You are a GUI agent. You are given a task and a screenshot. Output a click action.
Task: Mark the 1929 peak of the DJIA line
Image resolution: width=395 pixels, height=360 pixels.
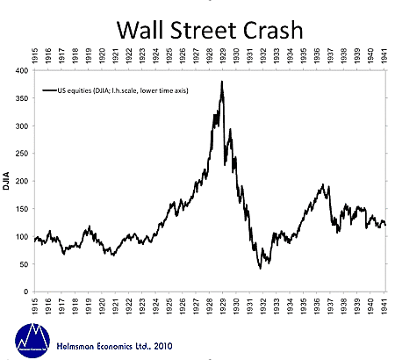coord(222,82)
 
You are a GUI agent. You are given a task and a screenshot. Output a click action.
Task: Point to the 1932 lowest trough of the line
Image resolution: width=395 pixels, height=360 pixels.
coord(261,268)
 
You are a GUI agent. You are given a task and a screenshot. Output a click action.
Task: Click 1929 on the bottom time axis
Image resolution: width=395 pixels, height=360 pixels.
coord(237,305)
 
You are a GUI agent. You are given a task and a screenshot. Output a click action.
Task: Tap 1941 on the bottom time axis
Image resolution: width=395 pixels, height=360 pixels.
coord(384,305)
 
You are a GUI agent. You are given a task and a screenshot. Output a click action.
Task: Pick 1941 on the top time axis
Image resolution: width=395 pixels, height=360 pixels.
coord(384,55)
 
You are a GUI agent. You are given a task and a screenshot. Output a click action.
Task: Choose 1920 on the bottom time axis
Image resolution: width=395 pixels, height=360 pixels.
coord(106,305)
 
